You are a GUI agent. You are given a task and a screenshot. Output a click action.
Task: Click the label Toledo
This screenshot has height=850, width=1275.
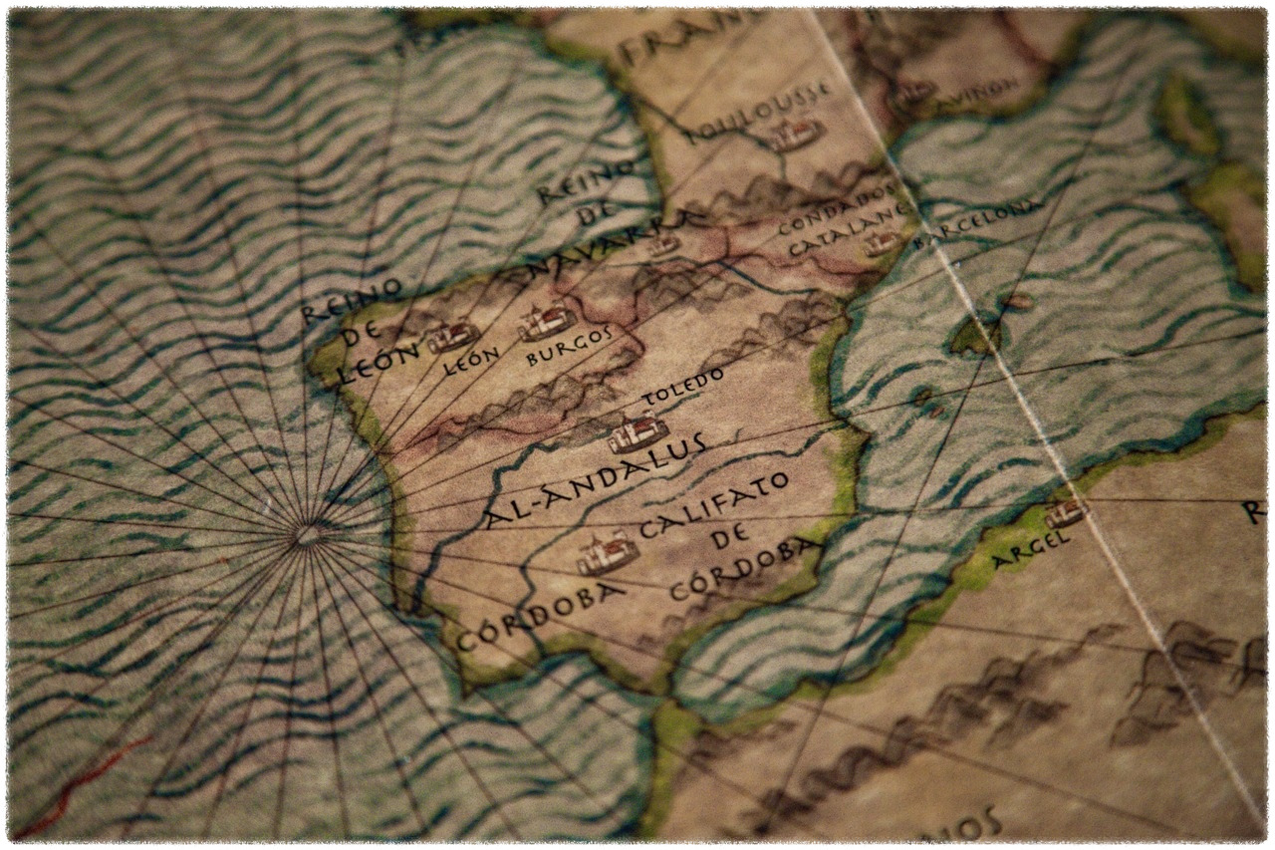(683, 387)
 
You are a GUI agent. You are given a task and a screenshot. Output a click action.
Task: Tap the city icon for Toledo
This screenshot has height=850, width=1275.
(637, 432)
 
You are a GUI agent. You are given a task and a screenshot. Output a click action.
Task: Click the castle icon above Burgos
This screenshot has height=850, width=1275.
(546, 320)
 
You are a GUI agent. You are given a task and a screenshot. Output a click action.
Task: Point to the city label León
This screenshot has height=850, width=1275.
(471, 361)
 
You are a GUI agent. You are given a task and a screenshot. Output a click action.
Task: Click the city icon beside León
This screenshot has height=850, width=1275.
(453, 336)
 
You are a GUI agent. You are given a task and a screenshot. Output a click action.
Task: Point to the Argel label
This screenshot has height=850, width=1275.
(1030, 550)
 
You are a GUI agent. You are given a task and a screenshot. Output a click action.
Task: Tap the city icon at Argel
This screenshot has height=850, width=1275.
(1065, 512)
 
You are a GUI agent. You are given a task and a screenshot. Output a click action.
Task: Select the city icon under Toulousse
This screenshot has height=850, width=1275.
(796, 135)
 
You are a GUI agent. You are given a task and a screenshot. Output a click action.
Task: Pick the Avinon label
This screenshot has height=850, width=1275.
(981, 91)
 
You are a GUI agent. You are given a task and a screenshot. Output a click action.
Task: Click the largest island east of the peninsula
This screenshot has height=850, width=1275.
(975, 337)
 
